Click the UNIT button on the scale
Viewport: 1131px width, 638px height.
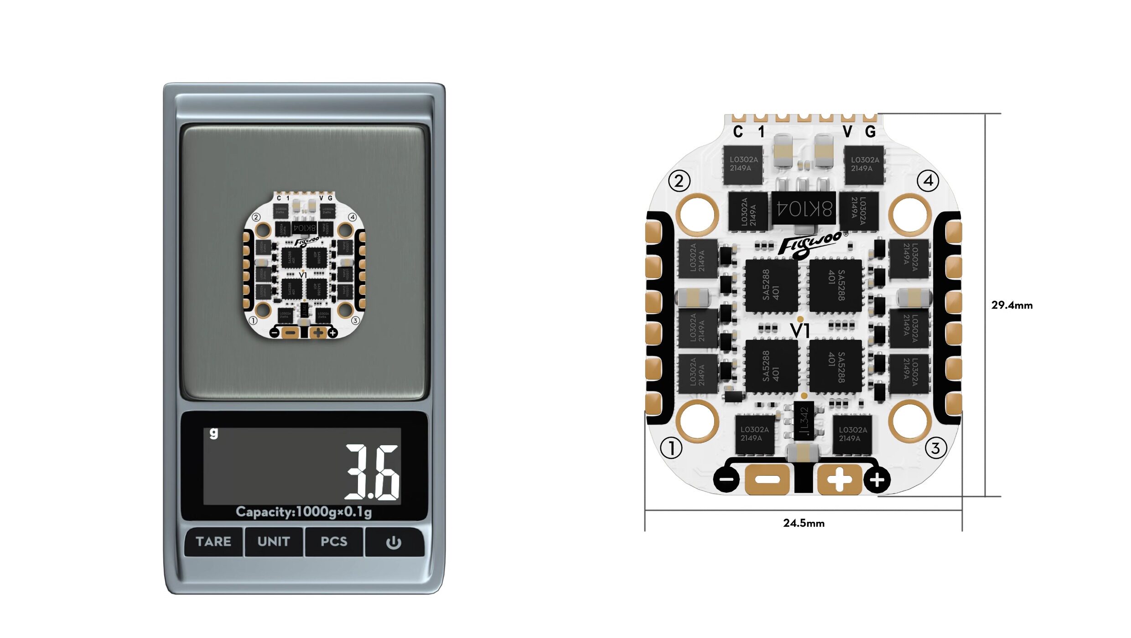(x=274, y=541)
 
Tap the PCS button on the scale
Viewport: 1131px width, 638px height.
(x=334, y=541)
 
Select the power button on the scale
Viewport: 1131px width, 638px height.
(x=394, y=542)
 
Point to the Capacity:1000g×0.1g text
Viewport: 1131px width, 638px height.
(x=304, y=512)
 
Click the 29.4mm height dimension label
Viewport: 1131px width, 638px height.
(x=1012, y=305)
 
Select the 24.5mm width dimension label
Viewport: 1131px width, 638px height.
(x=804, y=523)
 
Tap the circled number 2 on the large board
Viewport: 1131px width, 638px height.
(x=679, y=181)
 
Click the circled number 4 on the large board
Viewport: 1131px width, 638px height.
(x=928, y=181)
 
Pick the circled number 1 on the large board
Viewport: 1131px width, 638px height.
(x=671, y=448)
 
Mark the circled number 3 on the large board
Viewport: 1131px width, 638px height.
(x=936, y=448)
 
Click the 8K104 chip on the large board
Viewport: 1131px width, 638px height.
(x=804, y=208)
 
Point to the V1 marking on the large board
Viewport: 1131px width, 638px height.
(x=800, y=330)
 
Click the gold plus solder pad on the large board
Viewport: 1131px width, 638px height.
(x=839, y=479)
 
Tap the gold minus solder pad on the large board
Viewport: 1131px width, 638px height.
(x=767, y=479)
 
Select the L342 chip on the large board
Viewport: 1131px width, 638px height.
(x=804, y=420)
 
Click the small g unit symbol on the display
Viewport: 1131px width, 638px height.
(x=213, y=433)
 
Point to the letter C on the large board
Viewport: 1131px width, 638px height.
(x=738, y=132)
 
